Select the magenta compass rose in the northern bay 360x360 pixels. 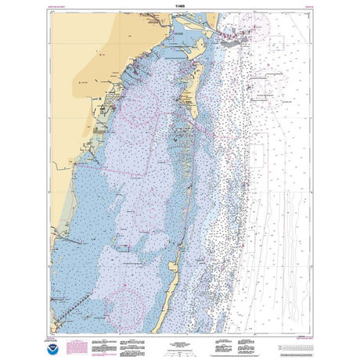(x=141, y=110)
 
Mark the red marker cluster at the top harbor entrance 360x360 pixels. (x=235, y=34)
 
